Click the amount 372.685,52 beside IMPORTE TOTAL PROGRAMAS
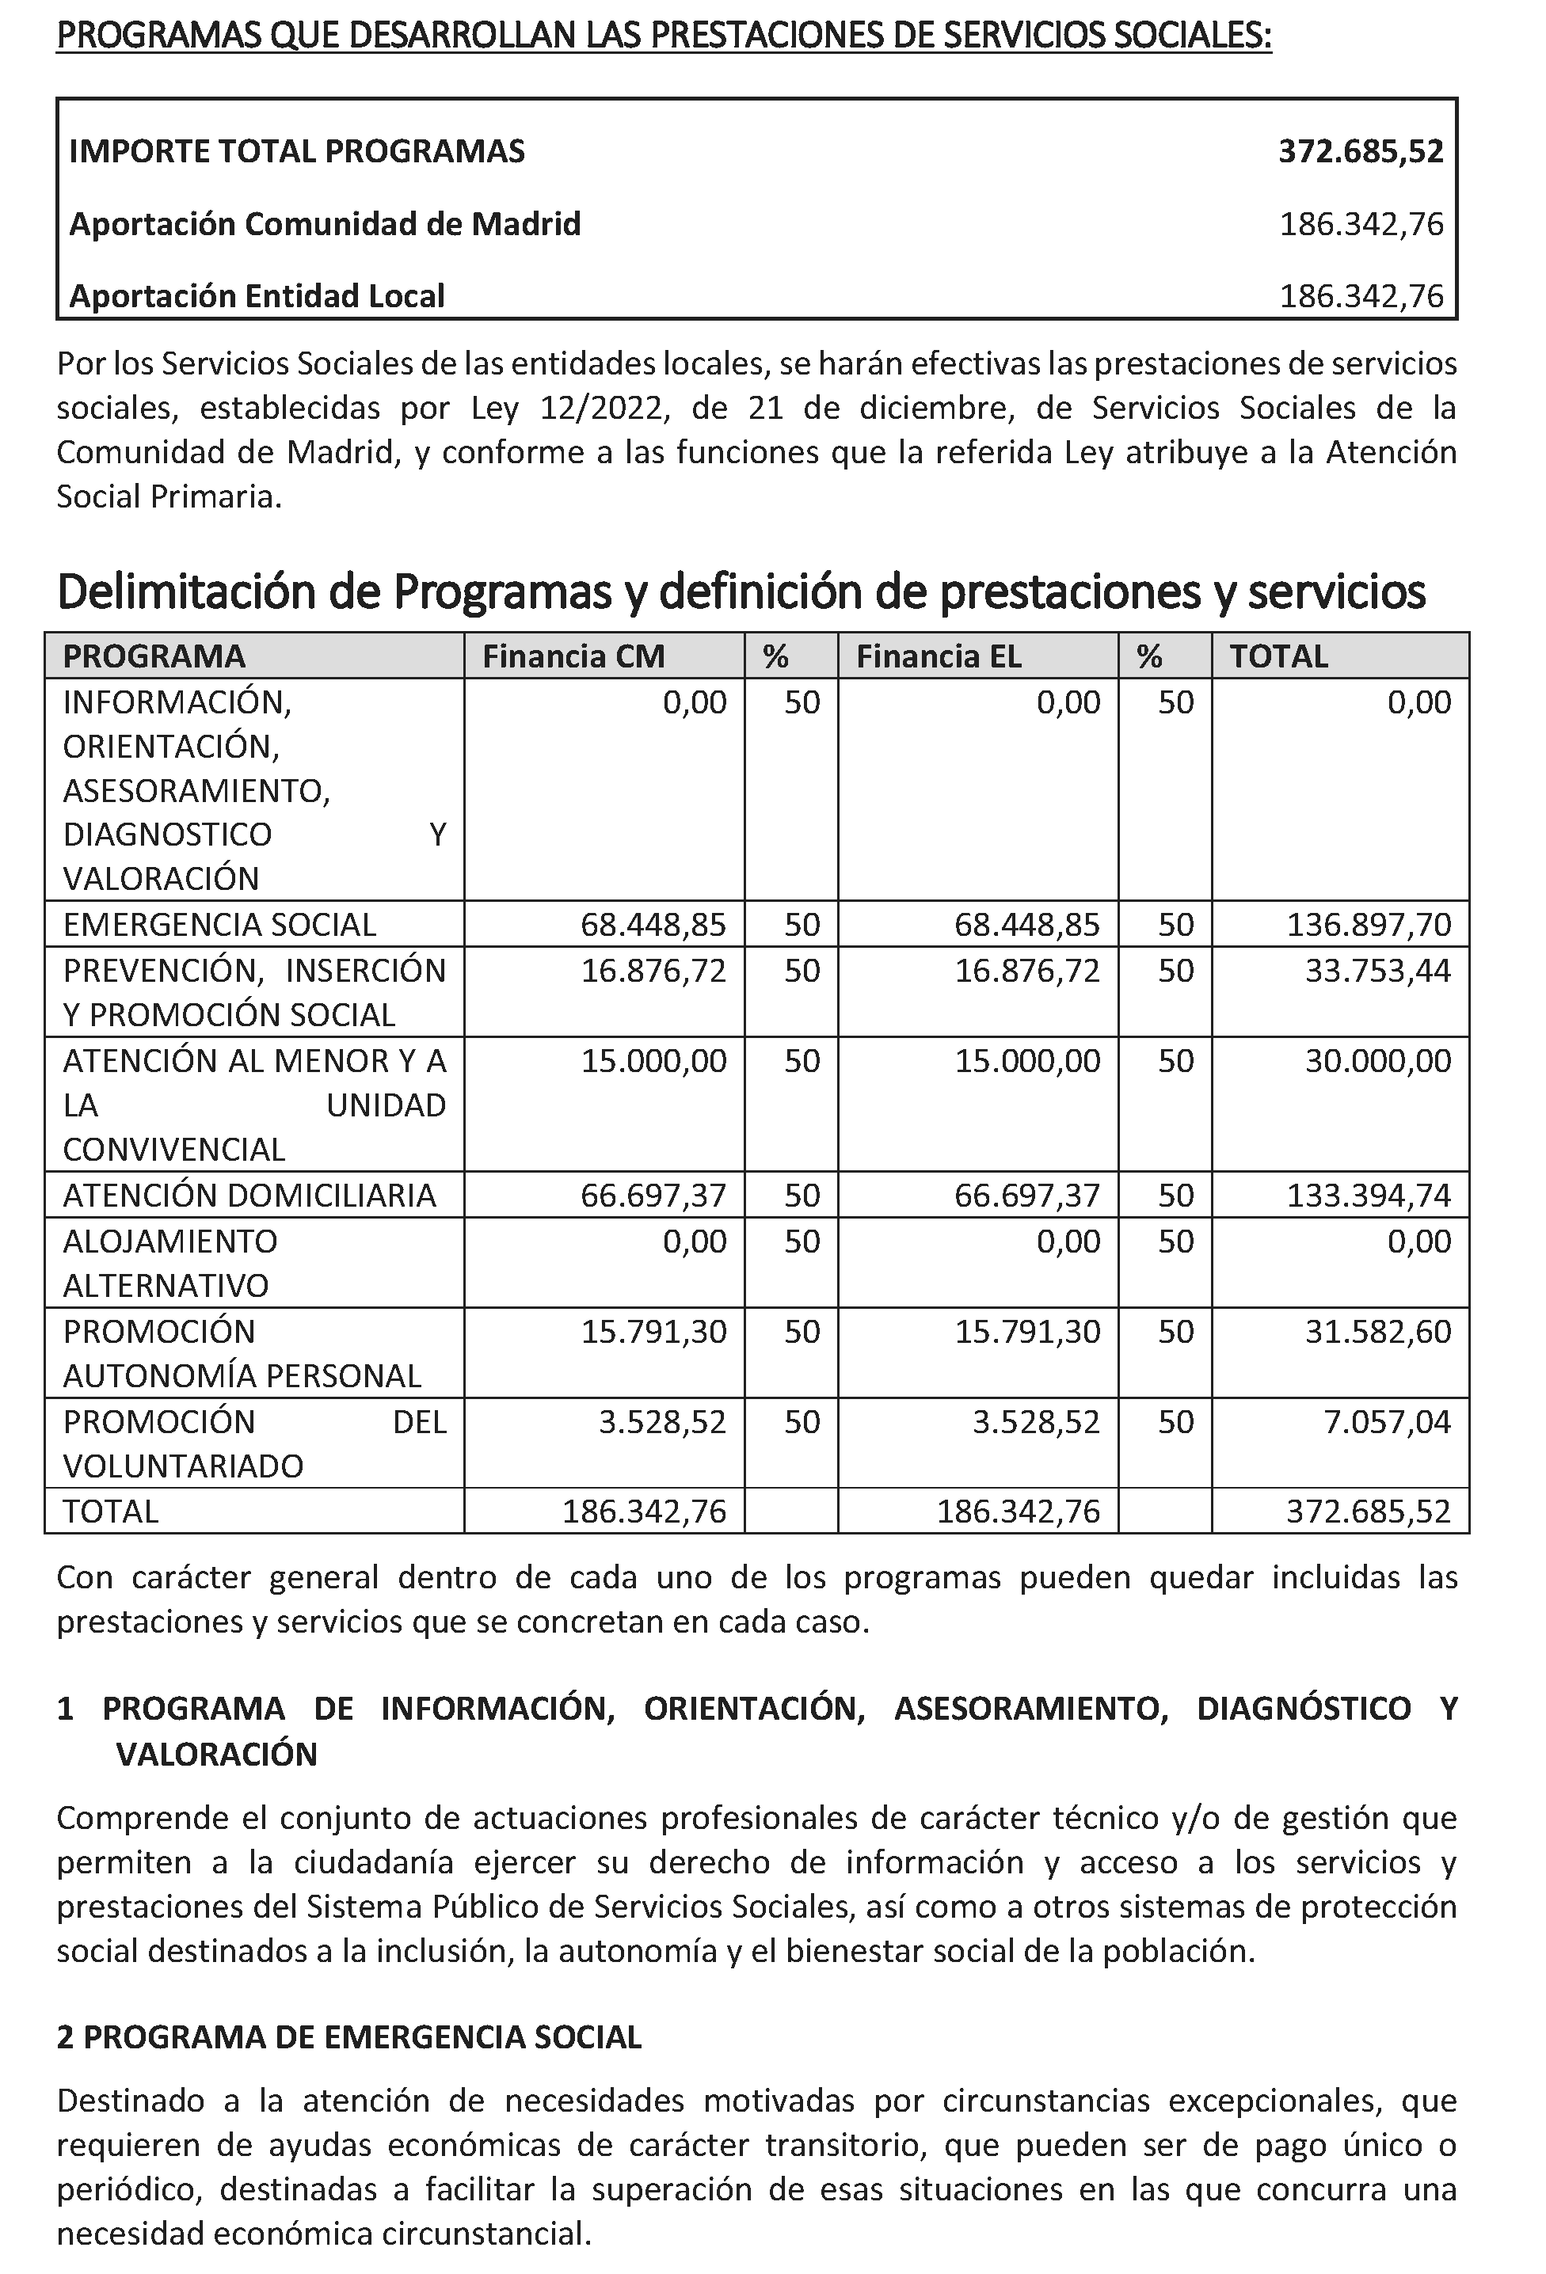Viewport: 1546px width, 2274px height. [1360, 150]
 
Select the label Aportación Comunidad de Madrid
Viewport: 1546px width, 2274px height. [325, 224]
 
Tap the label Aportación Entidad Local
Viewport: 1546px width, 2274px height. [257, 295]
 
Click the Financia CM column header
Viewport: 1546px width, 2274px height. [573, 656]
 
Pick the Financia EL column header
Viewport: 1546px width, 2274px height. [939, 656]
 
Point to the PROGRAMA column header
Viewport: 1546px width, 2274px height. [154, 656]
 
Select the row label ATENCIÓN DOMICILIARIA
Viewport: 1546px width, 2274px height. [249, 1195]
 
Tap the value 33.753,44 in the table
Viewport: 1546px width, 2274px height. [1378, 970]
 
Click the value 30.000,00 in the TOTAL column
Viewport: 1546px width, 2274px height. [1378, 1061]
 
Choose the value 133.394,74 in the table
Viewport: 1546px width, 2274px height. [1368, 1195]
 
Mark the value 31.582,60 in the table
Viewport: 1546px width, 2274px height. [1378, 1331]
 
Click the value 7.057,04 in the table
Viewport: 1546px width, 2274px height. [1387, 1420]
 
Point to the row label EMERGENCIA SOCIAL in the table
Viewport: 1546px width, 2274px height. [219, 924]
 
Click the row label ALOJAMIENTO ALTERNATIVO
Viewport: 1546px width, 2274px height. [170, 1262]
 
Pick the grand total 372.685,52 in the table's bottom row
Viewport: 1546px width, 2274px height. [1368, 1511]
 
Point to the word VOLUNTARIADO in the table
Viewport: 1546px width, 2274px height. [183, 1466]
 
